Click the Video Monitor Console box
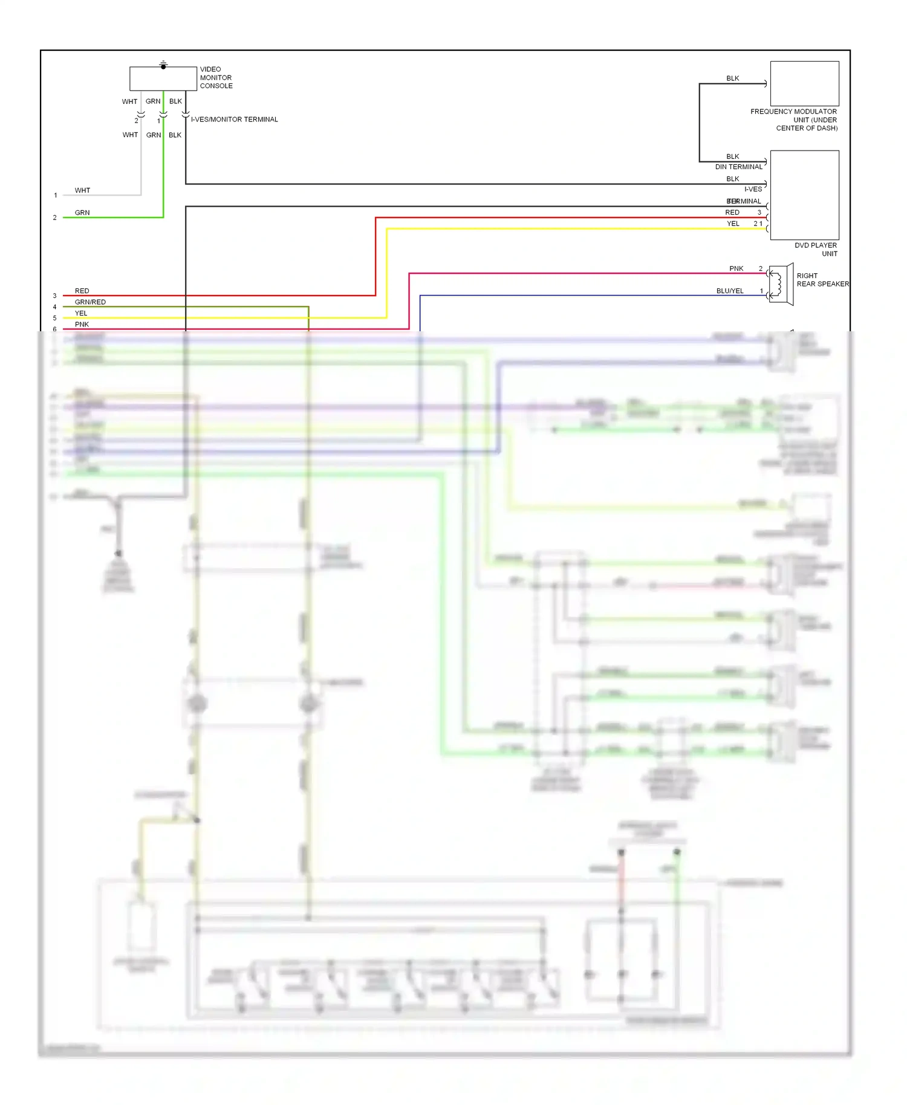tap(163, 79)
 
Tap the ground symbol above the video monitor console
tap(163, 64)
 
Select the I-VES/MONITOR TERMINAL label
tap(235, 120)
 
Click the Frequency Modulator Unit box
tap(804, 83)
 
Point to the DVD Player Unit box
tap(804, 195)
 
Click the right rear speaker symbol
tap(781, 284)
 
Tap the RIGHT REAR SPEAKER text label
tap(822, 280)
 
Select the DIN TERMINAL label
tap(738, 167)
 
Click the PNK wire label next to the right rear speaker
tap(736, 268)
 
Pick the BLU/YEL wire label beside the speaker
tap(730, 291)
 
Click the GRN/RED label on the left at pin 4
tap(90, 302)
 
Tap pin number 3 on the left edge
tap(54, 296)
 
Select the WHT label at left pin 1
tap(82, 190)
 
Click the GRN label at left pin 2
tap(82, 213)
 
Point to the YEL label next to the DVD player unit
tap(733, 224)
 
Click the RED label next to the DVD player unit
tap(732, 213)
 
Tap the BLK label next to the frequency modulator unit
tap(732, 79)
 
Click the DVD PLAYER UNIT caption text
tap(816, 250)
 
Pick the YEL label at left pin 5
tap(81, 313)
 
